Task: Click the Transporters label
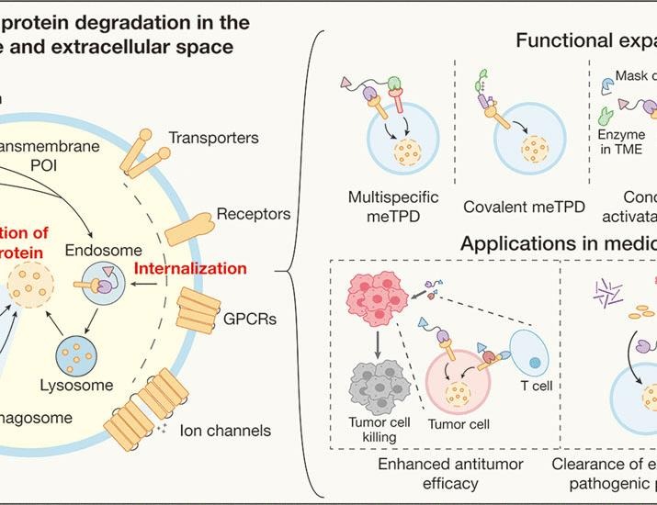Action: click(x=213, y=138)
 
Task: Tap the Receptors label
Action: click(x=254, y=215)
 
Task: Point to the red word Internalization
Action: click(x=190, y=269)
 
